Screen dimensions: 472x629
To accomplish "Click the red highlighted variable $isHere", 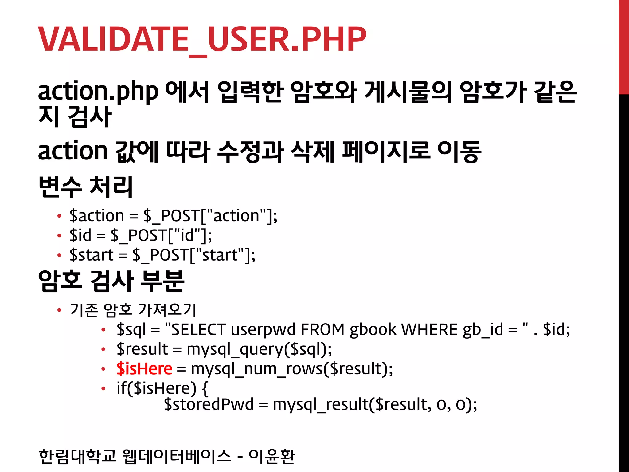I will coord(144,368).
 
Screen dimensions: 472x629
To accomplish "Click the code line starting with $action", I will coord(173,216).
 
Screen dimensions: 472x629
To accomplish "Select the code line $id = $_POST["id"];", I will coord(141,235).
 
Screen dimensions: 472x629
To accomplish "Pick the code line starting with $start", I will coord(162,255).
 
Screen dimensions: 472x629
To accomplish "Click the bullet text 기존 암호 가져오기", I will coord(133,309).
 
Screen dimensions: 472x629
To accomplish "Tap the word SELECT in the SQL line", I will coord(198,329).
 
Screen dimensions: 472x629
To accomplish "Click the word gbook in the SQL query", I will coord(373,329).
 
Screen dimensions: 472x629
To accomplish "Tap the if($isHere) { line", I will coord(162,388).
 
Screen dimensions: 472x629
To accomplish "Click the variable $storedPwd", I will coord(209,404).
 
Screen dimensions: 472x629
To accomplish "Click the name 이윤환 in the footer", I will coord(272,456).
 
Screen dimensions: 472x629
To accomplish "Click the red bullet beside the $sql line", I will coord(104,330).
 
